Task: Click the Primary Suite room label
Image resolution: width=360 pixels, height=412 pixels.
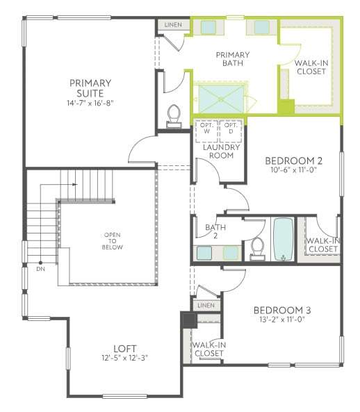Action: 90,88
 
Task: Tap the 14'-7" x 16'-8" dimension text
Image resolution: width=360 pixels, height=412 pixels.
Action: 90,103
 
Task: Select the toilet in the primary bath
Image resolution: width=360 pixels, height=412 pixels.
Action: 174,116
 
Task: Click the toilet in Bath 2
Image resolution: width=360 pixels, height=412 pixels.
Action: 257,249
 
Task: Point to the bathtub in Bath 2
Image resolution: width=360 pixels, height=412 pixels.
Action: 283,240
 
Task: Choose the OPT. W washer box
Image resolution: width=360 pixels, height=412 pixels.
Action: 206,131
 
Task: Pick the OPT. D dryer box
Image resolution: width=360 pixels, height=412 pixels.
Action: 231,131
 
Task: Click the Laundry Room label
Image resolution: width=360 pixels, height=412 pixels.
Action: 221,151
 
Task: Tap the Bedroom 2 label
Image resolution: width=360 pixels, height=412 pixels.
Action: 293,160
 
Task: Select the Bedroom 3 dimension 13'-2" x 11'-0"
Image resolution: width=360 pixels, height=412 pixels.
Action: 282,320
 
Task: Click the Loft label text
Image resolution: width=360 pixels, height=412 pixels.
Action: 125,349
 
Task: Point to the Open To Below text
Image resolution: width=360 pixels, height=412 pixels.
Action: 112,241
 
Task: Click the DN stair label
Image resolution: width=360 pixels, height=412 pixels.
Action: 41,269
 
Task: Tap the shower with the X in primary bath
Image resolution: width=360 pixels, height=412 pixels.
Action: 221,99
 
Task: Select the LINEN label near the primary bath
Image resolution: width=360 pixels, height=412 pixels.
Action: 173,25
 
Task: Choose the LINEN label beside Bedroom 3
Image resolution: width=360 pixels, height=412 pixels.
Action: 206,305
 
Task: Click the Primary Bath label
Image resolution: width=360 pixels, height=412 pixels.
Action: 233,59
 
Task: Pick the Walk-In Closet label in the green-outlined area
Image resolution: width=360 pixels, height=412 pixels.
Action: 311,67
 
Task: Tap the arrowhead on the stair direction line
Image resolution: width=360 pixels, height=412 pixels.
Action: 75,184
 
